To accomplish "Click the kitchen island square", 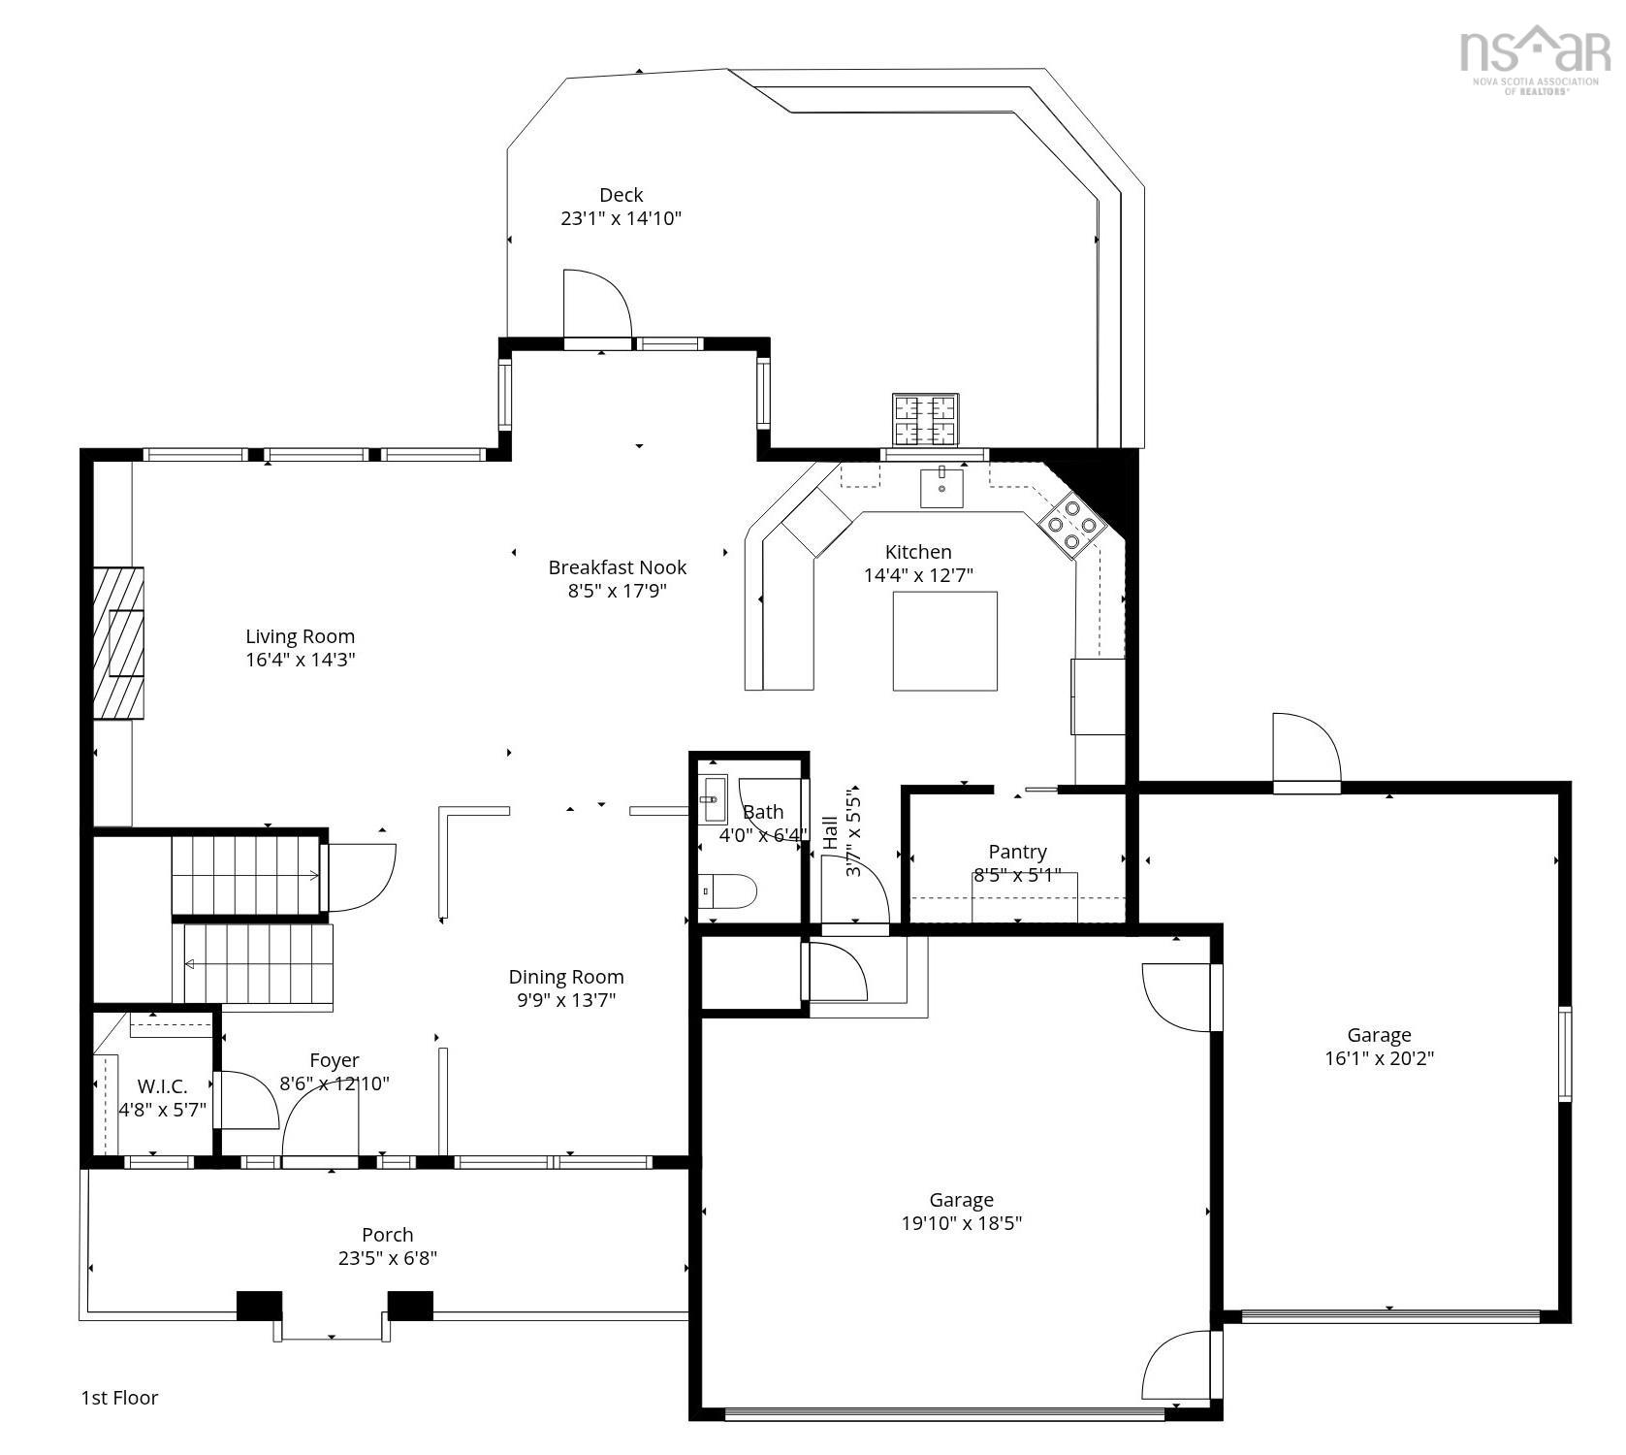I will point(944,641).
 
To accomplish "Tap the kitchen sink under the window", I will point(941,487).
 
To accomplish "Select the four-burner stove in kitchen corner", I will point(1071,525).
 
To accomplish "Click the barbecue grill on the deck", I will point(925,419).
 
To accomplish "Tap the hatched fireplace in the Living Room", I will point(119,643).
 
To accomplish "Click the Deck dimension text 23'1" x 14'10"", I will point(621,218).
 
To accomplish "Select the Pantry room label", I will point(1017,852).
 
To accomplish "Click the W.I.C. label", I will point(162,1086).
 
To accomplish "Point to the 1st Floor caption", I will point(119,1398).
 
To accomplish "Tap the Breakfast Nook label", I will point(617,567).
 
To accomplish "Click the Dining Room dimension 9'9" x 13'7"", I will point(566,1000).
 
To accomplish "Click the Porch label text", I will point(387,1235).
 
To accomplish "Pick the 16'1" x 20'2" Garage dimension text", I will point(1379,1058).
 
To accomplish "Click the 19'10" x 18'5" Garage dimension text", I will point(961,1223).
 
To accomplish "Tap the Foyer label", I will point(335,1060).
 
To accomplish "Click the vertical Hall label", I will point(831,832).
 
